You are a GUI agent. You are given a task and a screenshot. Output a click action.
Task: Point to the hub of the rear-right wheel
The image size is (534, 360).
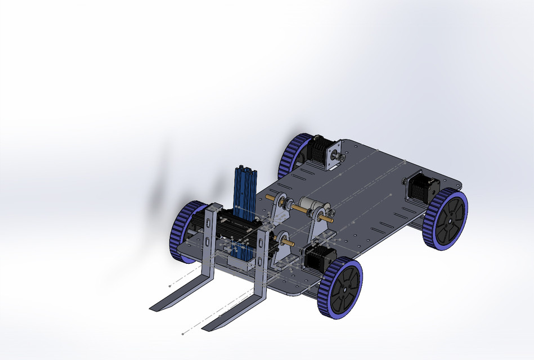(450, 220)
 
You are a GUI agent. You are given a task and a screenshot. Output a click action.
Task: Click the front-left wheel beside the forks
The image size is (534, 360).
(185, 231)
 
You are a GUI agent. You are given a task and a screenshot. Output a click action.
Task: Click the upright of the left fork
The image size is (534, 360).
(210, 236)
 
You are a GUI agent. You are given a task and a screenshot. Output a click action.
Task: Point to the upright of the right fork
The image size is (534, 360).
(262, 259)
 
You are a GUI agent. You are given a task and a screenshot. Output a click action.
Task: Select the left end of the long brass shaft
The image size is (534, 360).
(270, 197)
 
